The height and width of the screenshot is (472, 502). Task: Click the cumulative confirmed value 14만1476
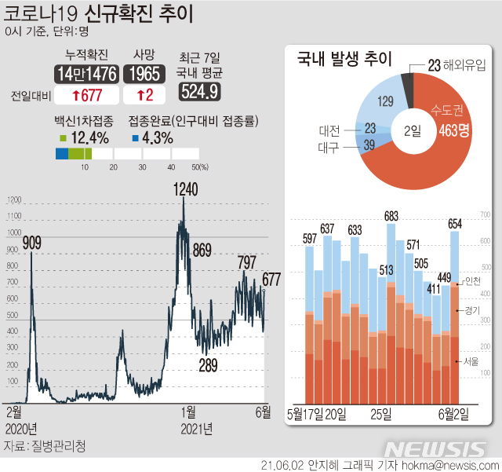click(x=87, y=74)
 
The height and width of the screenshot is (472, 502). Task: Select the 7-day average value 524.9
click(x=199, y=92)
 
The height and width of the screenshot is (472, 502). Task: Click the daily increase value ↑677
click(x=87, y=96)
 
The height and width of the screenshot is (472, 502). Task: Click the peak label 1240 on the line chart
click(x=186, y=189)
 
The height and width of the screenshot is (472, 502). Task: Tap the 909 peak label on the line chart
click(x=32, y=243)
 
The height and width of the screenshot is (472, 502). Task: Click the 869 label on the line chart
click(x=202, y=251)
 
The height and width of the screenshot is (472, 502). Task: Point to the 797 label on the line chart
click(x=246, y=262)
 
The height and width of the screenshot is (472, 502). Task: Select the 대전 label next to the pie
click(x=329, y=128)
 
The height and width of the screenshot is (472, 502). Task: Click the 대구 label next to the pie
click(x=329, y=146)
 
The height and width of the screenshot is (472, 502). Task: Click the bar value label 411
click(x=433, y=287)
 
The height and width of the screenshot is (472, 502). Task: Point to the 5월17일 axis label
click(x=306, y=413)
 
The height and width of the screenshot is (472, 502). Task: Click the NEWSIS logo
click(x=435, y=448)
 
